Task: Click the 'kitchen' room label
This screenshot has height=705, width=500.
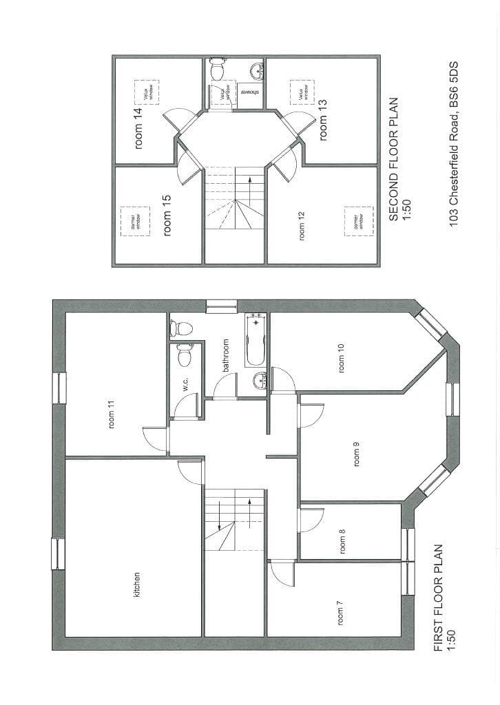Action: (137, 584)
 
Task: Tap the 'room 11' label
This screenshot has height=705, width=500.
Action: (112, 415)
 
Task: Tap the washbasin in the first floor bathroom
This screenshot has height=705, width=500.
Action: (259, 380)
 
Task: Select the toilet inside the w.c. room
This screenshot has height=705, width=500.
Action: (184, 356)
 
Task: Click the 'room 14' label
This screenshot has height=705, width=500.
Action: (138, 128)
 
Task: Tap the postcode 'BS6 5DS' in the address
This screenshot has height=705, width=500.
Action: (453, 86)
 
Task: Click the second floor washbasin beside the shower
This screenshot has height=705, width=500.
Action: (257, 70)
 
